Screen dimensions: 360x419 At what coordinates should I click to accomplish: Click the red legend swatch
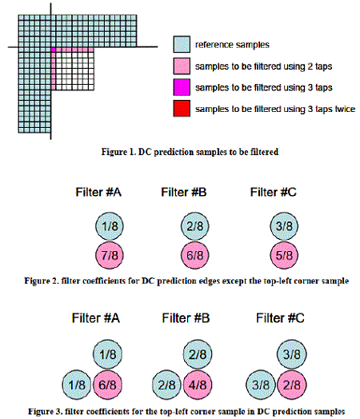pos(182,109)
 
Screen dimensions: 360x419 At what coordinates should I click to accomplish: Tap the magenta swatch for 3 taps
pos(182,87)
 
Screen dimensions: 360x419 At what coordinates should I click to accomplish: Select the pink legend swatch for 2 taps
pos(182,66)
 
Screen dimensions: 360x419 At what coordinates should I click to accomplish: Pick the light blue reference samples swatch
pos(182,44)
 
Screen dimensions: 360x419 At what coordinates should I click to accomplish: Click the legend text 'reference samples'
pos(232,45)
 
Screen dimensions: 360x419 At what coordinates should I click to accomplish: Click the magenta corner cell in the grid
pos(53,50)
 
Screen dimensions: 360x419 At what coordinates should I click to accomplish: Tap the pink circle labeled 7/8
pos(110,255)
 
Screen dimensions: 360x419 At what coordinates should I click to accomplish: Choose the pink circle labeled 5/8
pos(284,255)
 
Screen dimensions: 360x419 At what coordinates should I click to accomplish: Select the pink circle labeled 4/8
pos(198,385)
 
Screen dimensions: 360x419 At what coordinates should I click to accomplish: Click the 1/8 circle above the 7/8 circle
pos(110,226)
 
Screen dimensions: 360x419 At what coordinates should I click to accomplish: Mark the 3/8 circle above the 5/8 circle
pos(284,226)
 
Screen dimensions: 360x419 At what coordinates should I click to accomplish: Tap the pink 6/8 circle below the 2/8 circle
pos(195,255)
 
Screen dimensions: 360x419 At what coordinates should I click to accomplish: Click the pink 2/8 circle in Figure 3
pos(292,385)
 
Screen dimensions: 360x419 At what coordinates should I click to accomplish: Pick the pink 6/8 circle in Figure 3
pos(107,385)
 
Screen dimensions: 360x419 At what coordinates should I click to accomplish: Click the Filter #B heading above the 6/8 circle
pos(184,192)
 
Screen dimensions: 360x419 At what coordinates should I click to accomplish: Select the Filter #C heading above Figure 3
pos(280,318)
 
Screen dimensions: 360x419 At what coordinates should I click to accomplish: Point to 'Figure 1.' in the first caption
pos(118,152)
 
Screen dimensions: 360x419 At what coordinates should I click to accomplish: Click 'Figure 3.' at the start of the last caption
pos(45,411)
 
